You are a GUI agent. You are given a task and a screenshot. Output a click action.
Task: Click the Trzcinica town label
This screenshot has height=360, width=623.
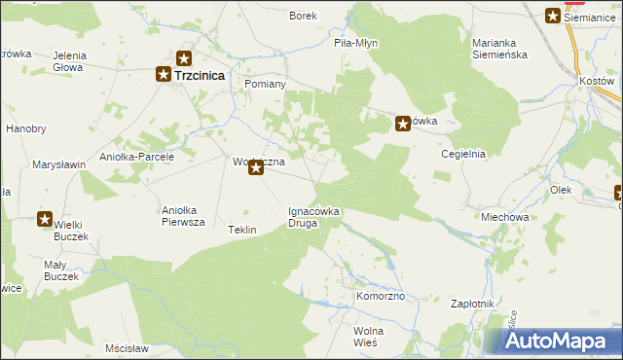pos(201,74)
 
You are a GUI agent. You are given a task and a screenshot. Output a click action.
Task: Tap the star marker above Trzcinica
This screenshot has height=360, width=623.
pos(183,58)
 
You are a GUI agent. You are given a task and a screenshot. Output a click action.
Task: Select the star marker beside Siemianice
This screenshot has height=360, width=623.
pos(553,16)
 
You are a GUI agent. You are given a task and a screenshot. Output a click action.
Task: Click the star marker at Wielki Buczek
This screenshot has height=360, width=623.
pos(45,220)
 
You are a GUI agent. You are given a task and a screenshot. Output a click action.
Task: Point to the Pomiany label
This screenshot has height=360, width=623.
pos(264,85)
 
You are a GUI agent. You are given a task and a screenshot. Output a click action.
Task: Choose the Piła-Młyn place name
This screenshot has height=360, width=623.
pos(355,44)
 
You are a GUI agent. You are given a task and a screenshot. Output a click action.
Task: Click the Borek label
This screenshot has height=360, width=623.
pos(304,17)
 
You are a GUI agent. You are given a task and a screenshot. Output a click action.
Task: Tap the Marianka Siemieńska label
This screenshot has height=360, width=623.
pos(499,49)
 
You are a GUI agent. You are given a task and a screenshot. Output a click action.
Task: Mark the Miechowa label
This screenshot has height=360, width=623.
pos(504,217)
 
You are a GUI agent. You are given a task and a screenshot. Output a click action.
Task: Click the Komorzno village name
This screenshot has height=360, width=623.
pos(380,296)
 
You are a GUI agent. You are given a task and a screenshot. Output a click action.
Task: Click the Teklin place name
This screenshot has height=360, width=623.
pos(241,230)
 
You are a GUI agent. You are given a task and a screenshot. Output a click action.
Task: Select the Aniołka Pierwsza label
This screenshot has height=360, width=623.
pos(183,216)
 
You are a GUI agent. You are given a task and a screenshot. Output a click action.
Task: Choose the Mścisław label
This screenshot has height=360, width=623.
pos(127,347)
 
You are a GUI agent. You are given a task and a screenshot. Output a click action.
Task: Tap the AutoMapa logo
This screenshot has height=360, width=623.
pos(555,342)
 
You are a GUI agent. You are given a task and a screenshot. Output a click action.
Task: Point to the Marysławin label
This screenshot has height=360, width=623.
pos(59,165)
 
